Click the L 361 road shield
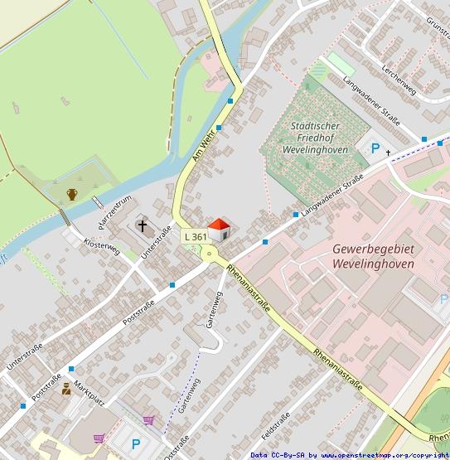pos(195,237)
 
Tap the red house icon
pos(219,230)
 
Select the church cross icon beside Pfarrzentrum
pos(143,225)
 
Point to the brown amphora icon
pos(72,195)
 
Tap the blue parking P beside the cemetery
pos(375,149)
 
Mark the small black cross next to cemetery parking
pos(388,153)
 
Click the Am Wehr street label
pos(203,144)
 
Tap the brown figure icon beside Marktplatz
pos(65,388)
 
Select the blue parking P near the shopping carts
pos(136,443)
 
